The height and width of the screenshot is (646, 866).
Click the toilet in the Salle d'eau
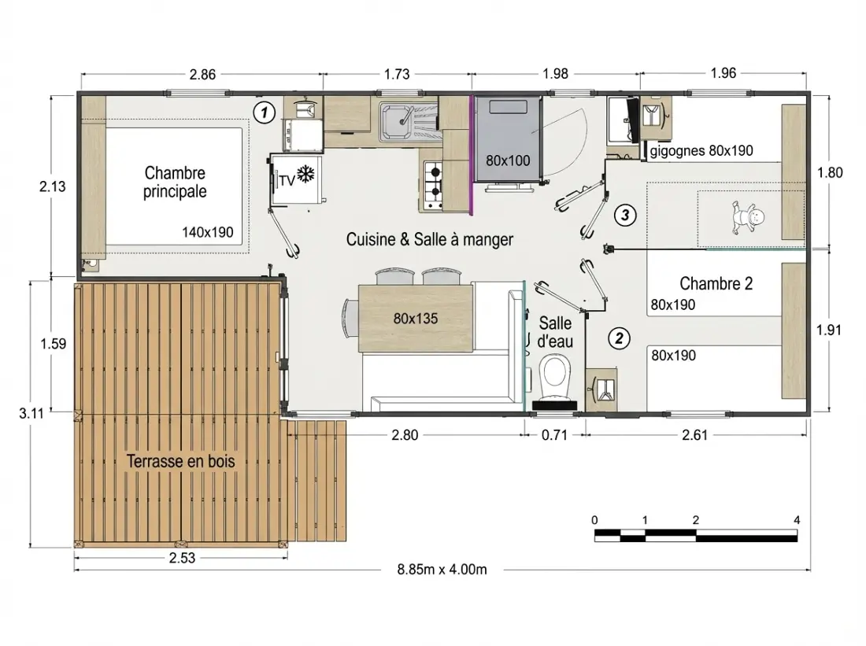tap(554, 378)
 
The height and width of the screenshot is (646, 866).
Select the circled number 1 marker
tap(264, 113)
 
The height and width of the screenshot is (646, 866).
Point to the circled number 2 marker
tap(619, 338)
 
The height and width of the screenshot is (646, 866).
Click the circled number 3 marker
tap(624, 214)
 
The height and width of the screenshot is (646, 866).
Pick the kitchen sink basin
tap(395, 120)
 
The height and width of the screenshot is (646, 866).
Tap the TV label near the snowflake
tap(287, 180)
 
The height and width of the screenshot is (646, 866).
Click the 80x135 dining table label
tap(416, 318)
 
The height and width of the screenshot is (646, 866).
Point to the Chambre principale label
tap(175, 182)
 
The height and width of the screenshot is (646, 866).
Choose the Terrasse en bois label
tap(180, 461)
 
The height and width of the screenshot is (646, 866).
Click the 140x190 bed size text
tap(208, 232)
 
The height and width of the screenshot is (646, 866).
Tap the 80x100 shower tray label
tap(508, 161)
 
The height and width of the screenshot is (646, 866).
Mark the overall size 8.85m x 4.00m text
tap(442, 569)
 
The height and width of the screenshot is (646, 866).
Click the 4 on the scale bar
tap(797, 520)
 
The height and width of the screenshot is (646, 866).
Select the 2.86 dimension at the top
tap(202, 75)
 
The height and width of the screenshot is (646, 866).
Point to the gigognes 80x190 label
tap(701, 151)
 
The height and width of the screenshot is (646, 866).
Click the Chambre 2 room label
tap(716, 283)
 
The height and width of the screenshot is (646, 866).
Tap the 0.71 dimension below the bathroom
tap(554, 435)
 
